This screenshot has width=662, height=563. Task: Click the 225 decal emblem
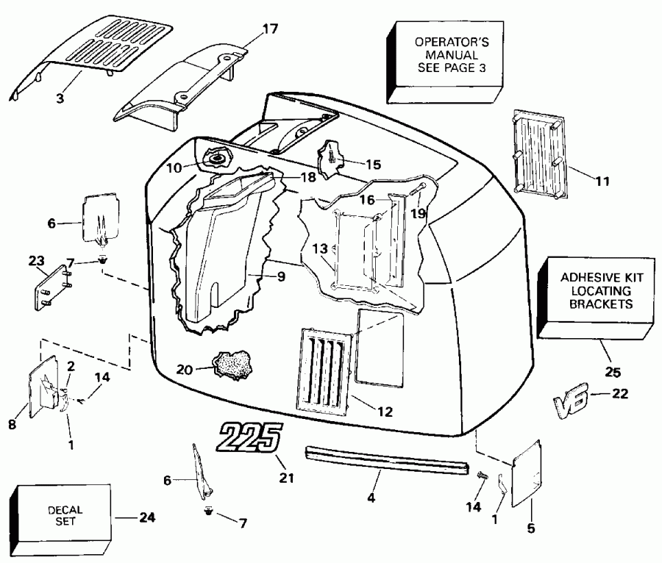[x=247, y=439]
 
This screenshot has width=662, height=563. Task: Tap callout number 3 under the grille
[x=61, y=96]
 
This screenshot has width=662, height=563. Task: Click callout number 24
[x=148, y=517]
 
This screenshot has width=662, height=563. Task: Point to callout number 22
[x=619, y=394]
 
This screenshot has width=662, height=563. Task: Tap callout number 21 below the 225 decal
[x=285, y=478]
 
